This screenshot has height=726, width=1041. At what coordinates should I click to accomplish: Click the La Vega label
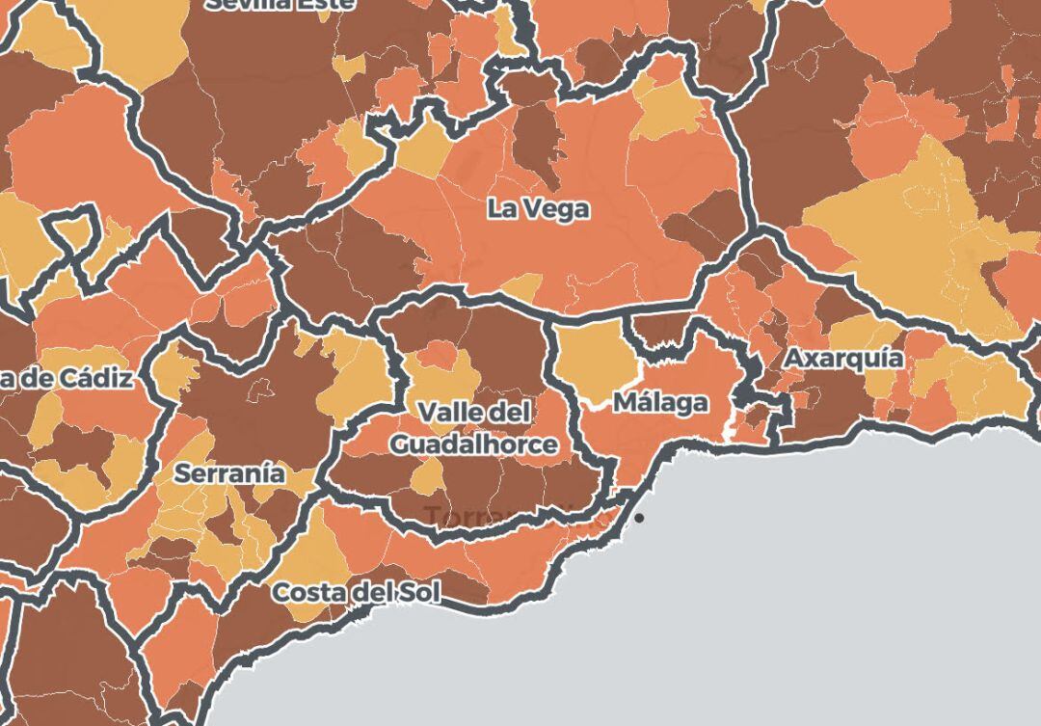[538, 208]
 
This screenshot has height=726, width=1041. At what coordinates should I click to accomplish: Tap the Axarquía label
[843, 358]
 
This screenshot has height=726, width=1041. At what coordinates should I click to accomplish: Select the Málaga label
[660, 402]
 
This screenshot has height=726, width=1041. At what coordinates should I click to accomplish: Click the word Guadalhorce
[473, 444]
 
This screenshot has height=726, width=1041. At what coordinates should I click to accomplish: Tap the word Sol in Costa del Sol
[420, 591]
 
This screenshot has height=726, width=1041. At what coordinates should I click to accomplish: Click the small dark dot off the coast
[638, 519]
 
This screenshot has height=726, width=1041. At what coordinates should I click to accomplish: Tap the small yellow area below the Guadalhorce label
[427, 475]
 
